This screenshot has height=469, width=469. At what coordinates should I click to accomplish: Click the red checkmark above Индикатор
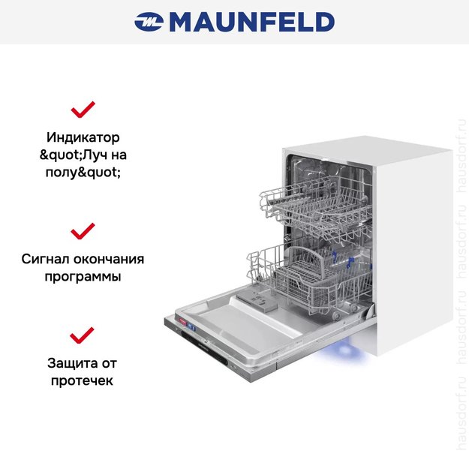pyautogui.click(x=83, y=110)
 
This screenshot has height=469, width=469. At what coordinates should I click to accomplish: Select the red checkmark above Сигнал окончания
pyautogui.click(x=83, y=230)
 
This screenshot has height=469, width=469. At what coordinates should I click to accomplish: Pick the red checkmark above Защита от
pyautogui.click(x=83, y=334)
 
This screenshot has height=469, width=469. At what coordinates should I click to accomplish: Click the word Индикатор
pyautogui.click(x=83, y=138)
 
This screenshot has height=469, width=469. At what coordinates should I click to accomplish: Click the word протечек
pyautogui.click(x=83, y=380)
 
